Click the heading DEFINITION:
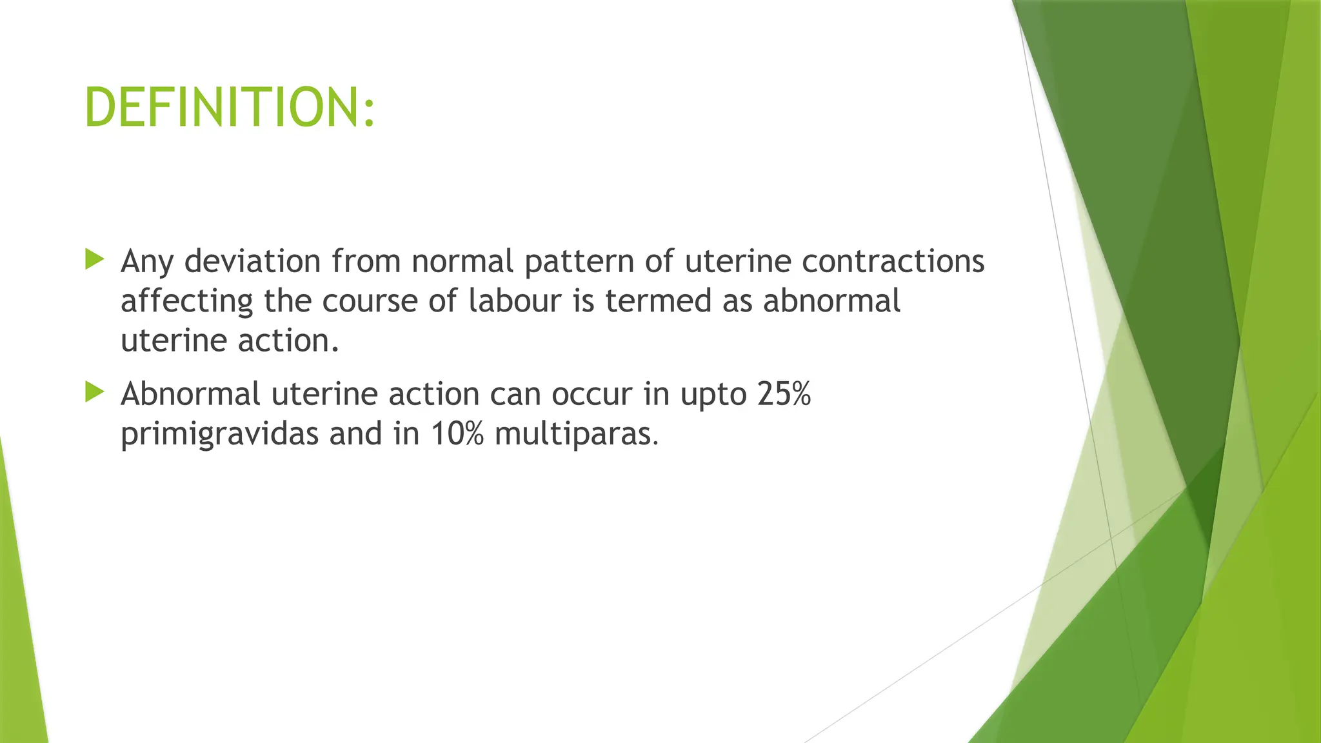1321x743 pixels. pyautogui.click(x=229, y=108)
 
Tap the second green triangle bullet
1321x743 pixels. pyautogui.click(x=94, y=391)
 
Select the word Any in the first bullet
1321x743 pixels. pyautogui.click(x=147, y=262)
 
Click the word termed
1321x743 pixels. pyautogui.click(x=658, y=301)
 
